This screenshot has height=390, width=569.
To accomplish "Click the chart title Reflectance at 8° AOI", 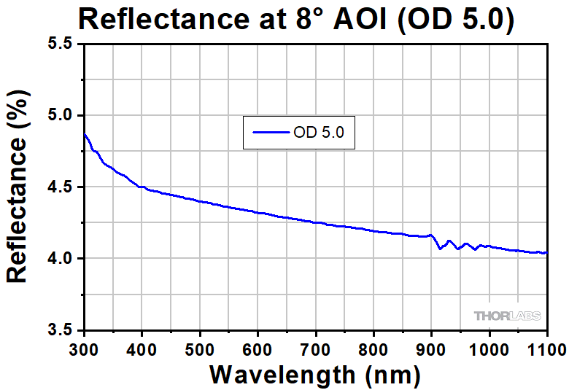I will pos(296,19).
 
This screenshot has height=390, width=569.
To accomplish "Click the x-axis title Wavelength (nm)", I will pos(315,374).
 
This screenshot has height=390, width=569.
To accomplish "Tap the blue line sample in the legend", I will pos(270,133).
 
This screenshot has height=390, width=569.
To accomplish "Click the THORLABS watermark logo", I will pos(508,316).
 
